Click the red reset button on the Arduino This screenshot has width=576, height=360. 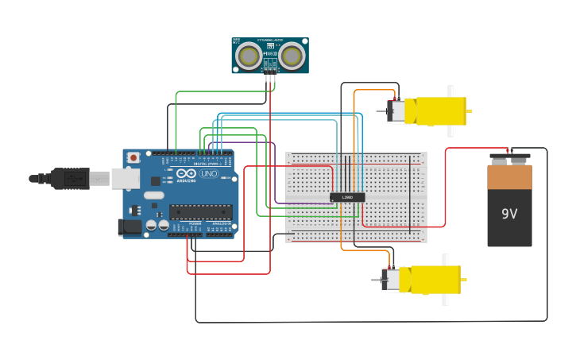[x=133, y=157]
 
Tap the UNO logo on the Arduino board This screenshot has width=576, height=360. [x=209, y=173]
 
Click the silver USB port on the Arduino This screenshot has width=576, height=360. [x=125, y=179]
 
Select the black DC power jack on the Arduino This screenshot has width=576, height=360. [x=130, y=227]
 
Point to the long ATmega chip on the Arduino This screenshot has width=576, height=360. [x=200, y=212]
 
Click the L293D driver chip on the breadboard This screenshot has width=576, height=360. [x=347, y=197]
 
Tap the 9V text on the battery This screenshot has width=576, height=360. [x=509, y=214]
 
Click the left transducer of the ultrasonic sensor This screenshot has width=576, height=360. [x=249, y=56]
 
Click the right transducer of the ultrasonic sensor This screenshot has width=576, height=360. [x=291, y=56]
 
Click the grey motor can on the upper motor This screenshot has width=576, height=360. [x=396, y=111]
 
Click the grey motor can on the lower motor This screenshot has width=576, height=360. [x=391, y=280]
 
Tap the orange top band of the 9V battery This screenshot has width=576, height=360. [x=509, y=176]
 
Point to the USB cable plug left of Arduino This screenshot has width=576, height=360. [x=71, y=179]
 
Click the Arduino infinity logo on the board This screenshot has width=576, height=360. [x=186, y=173]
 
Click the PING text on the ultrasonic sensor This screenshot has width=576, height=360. [x=270, y=53]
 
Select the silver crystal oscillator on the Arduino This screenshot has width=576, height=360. [x=154, y=195]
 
